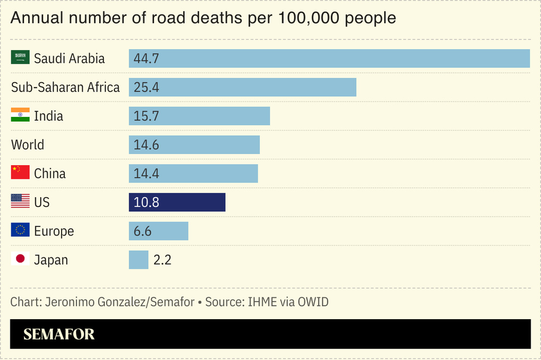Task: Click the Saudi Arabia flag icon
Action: (20, 58)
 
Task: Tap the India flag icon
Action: (20, 115)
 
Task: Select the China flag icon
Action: (20, 173)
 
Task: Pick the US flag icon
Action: (20, 201)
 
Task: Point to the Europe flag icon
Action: (20, 230)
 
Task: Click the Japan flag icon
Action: (20, 259)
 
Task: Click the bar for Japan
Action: (139, 260)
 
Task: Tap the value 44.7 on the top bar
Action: (147, 59)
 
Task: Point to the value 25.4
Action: (147, 87)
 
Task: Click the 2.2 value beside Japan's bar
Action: (162, 260)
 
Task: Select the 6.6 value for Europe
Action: (143, 231)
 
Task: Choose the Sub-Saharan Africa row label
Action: (65, 87)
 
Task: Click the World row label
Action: (28, 145)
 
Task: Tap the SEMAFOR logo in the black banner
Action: (59, 334)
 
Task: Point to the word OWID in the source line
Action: (313, 302)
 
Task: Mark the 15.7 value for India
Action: (147, 116)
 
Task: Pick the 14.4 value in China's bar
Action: (147, 174)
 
